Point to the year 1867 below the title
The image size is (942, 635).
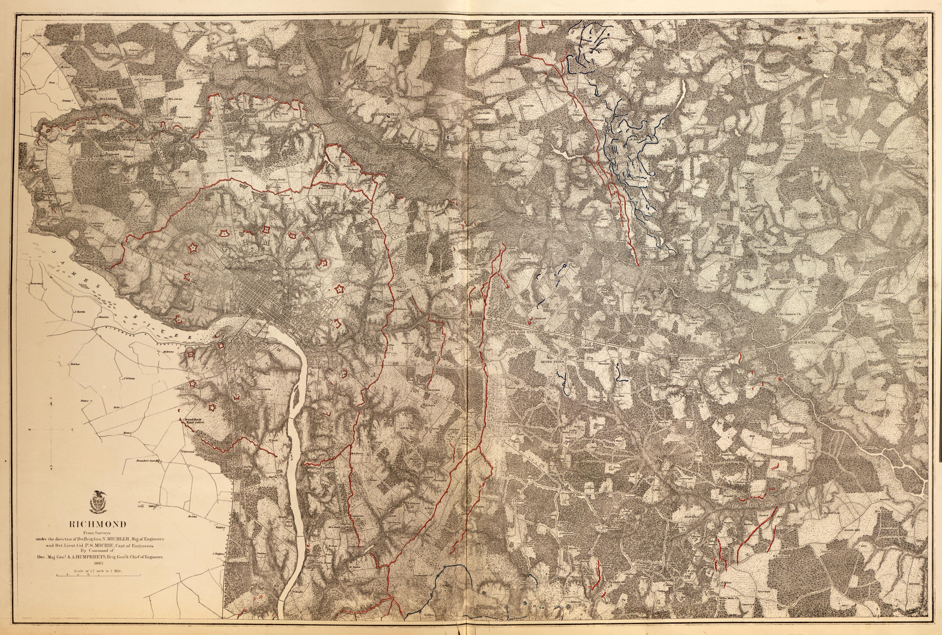point(98,563)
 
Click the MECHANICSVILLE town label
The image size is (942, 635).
point(385,115)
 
